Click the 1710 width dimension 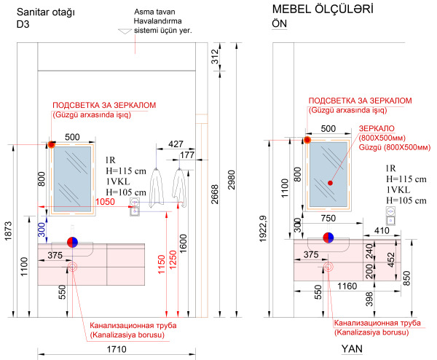[117, 349]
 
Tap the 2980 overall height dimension [232, 180]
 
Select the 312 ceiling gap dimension [215, 57]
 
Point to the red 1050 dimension [105, 202]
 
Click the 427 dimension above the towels [176, 144]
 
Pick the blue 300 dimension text [42, 230]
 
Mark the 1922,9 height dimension [263, 229]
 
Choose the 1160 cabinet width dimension [347, 286]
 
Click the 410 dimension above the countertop [382, 230]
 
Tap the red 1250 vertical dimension [173, 260]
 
